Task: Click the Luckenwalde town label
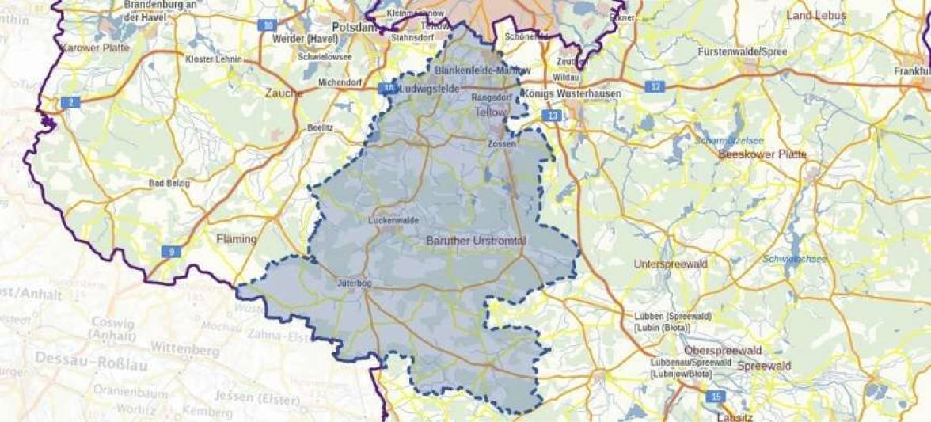(393, 221)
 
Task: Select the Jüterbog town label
(354, 282)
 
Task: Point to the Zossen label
(503, 143)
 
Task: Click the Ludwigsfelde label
(431, 89)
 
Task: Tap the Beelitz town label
(320, 127)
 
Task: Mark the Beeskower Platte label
(762, 154)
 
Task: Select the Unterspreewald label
(668, 264)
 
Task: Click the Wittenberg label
(184, 348)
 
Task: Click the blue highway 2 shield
(70, 102)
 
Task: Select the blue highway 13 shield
(553, 116)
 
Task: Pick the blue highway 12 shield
(654, 87)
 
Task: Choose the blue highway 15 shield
(716, 397)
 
